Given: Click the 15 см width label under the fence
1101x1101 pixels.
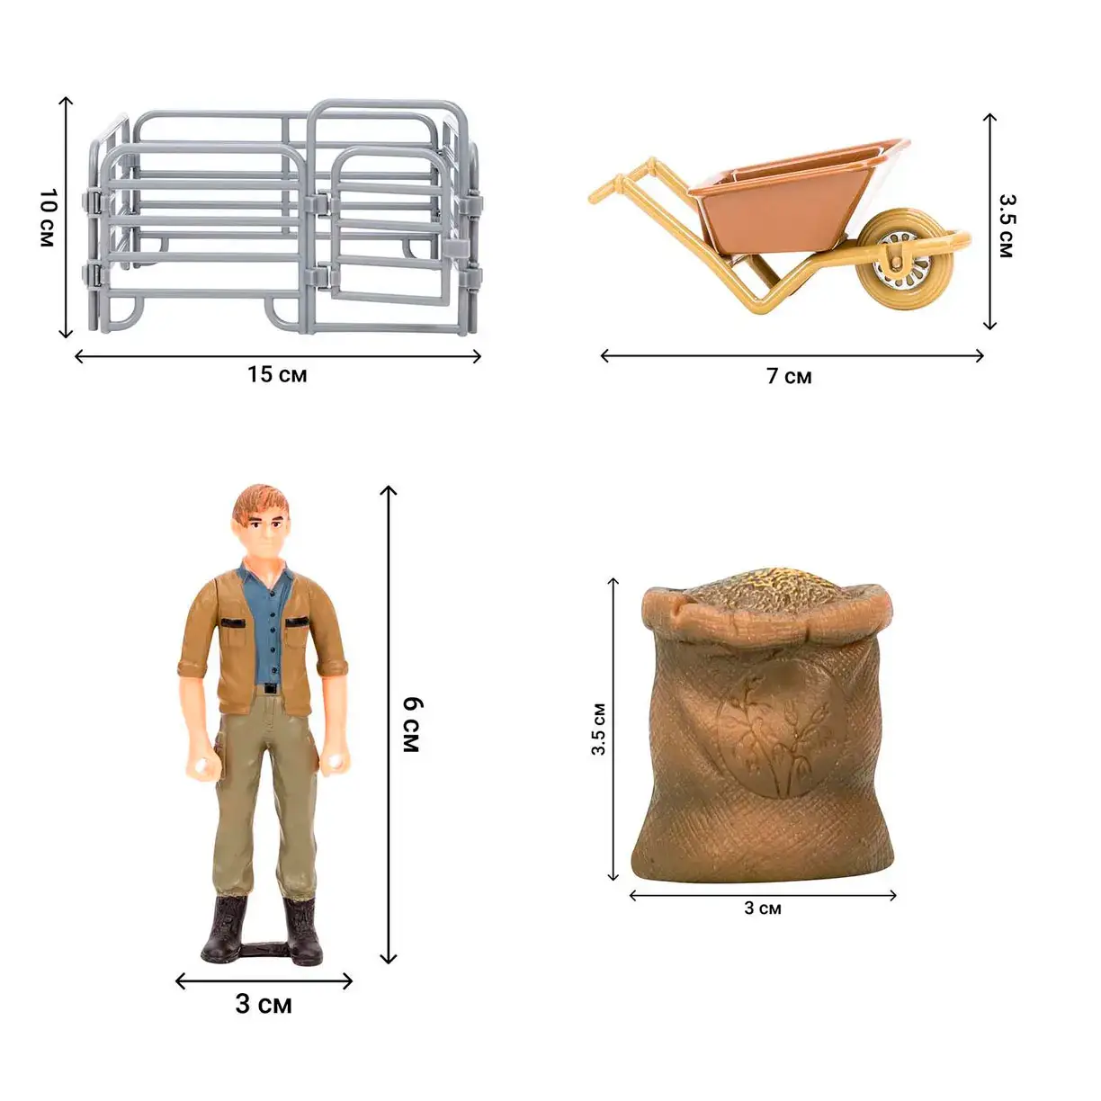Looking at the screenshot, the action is tap(277, 375).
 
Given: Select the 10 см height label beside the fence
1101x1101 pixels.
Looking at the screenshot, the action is tap(48, 218).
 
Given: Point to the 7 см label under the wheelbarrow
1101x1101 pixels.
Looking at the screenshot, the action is tap(789, 377).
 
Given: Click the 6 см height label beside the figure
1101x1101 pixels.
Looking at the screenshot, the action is tap(412, 724).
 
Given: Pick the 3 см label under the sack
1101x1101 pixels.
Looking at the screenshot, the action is tap(763, 908).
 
